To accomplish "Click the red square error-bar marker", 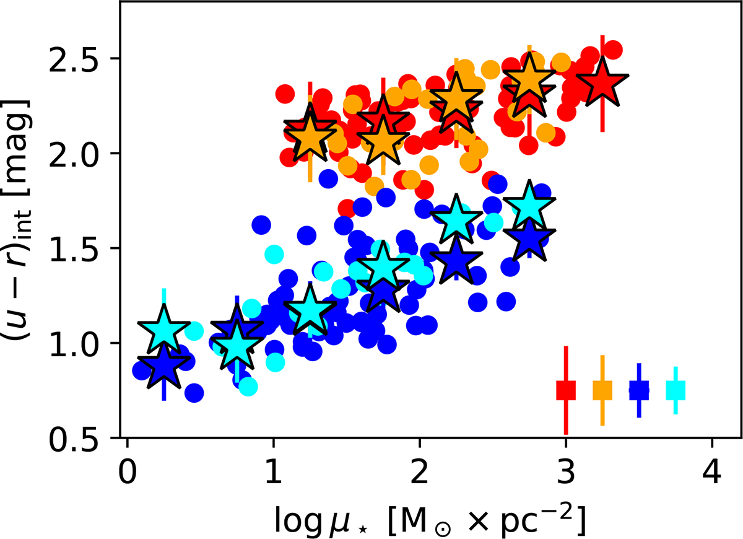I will pos(566,390).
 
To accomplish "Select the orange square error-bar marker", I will pos(602,390).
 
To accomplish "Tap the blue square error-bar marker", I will pos(639,390).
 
